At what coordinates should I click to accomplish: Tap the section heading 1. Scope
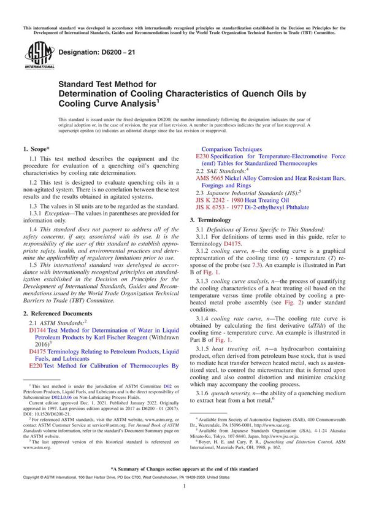point(37,149)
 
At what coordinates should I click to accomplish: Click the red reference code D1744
point(37,330)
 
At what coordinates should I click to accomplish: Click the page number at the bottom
point(184,503)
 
